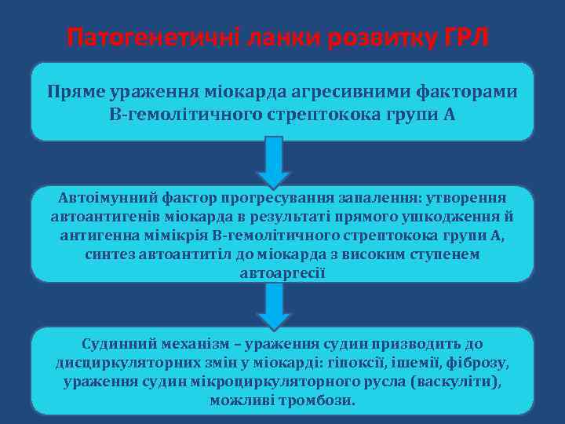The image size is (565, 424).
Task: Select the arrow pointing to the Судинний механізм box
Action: [273, 306]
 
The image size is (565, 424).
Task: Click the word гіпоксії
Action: [354, 363]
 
